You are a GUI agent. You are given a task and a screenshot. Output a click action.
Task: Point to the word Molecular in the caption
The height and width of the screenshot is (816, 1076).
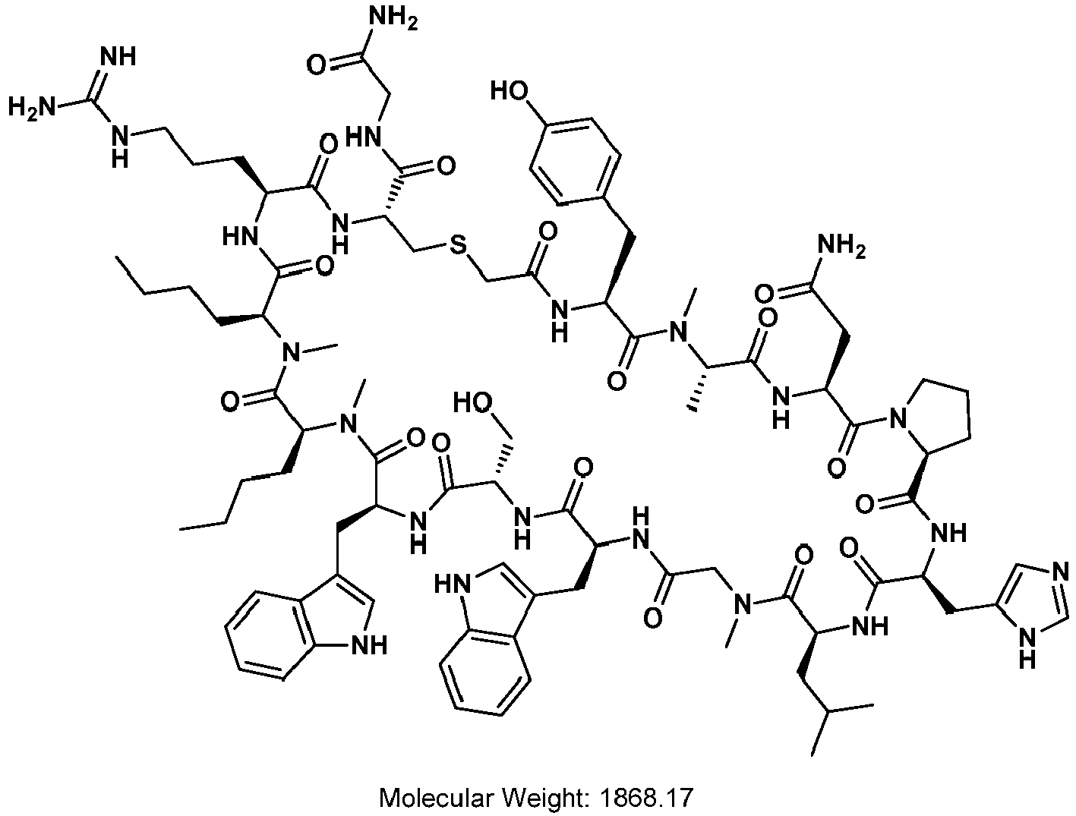click(435, 798)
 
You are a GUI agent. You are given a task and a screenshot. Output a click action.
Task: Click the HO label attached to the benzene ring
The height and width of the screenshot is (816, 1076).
click(510, 91)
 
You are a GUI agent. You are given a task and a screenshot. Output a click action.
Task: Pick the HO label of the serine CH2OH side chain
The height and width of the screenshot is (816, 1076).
click(472, 402)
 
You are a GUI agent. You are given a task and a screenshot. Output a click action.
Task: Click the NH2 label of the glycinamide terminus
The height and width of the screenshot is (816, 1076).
click(394, 20)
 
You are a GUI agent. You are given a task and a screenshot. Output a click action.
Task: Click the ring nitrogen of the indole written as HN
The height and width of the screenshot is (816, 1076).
click(453, 584)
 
